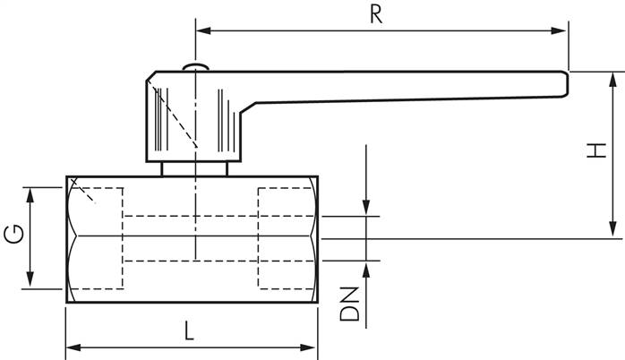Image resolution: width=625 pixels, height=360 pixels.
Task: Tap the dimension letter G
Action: [13, 236]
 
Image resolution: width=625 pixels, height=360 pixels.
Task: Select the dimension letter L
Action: [188, 330]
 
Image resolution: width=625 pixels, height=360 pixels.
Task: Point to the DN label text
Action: [350, 303]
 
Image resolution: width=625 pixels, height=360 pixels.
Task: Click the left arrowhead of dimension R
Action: [202, 31]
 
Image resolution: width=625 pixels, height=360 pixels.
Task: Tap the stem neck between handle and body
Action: [194, 167]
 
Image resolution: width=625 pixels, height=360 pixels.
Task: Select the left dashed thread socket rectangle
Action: [98, 237]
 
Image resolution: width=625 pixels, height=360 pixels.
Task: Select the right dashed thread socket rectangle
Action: [285, 237]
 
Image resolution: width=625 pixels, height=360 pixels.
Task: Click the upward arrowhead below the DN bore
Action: [366, 267]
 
